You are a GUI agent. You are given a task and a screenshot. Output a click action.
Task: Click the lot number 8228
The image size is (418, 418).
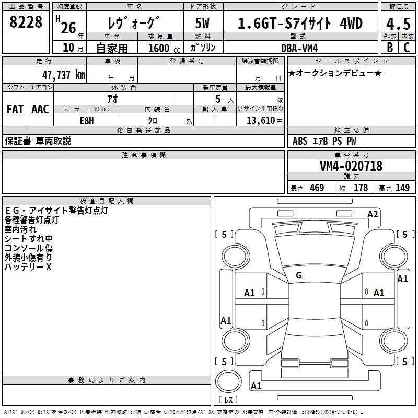pos(26,22)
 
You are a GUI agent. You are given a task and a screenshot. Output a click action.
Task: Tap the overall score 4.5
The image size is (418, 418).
pos(398,24)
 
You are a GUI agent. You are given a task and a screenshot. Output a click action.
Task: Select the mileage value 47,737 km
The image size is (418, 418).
pos(64,75)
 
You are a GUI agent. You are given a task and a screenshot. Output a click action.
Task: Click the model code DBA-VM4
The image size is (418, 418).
pos(299,48)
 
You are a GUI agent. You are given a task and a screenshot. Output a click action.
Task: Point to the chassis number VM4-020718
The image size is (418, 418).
pos(351,166)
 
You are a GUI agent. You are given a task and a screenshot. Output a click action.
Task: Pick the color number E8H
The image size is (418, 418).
pos(87,121)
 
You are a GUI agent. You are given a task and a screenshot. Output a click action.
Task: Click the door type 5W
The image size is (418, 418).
pos(202,23)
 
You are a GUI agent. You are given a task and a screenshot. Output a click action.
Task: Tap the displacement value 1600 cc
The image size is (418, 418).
pos(164,48)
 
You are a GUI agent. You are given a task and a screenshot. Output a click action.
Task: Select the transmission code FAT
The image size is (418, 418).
pos(15,109)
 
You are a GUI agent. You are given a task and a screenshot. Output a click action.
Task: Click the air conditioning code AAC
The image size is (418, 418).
pos(40,109)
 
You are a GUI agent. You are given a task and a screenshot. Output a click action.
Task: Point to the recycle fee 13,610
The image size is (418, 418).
pos(261,120)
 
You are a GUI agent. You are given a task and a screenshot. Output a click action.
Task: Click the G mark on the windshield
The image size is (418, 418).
pos(299,275)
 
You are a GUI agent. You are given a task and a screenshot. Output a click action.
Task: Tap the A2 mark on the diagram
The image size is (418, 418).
pos(373,214)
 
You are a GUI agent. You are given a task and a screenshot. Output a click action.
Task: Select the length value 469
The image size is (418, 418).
pos(317,188)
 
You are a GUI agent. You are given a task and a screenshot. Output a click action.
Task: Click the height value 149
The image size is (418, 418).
pos(402,188)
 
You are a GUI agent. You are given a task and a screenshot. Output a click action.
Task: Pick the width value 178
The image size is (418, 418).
pos(361,188)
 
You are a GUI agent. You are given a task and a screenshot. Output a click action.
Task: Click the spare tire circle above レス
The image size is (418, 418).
pos(228,381)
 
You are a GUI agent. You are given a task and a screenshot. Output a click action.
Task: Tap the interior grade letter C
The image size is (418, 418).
pos(407,48)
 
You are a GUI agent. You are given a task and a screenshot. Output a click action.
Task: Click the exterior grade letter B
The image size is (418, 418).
pos(390,48)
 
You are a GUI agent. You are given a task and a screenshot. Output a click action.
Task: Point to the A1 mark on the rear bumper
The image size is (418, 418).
pos(256,386)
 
